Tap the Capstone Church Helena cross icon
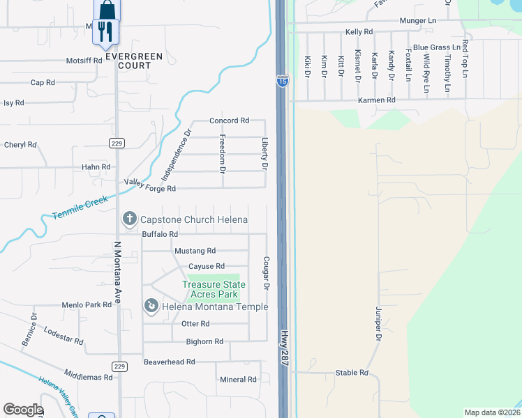tap(129, 219)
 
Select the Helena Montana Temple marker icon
tap(151, 307)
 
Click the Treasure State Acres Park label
tap(214, 290)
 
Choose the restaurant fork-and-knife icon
tap(105, 31)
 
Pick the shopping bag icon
tap(107, 10)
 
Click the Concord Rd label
tap(229, 121)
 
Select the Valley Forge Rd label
tap(150, 185)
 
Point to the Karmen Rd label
tap(377, 100)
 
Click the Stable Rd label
tap(352, 373)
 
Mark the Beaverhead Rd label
tap(169, 362)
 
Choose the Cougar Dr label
tap(266, 272)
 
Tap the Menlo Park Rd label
tap(87, 304)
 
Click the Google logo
tap(22, 410)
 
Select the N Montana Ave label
tap(117, 272)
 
